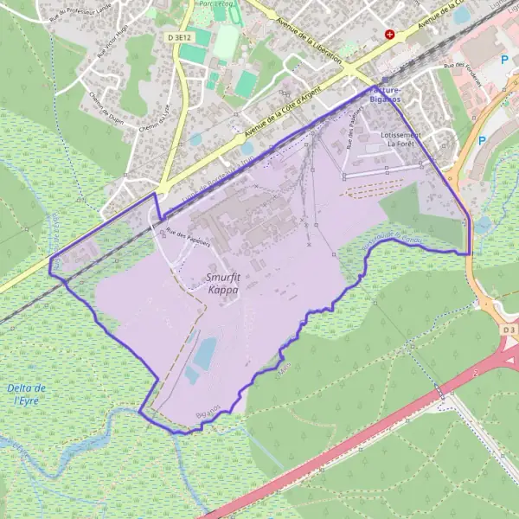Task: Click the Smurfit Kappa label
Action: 223,284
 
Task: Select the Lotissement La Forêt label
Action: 400,139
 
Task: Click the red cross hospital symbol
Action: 390,35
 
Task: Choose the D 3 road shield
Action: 507,330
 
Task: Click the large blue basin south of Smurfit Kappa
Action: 206,353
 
